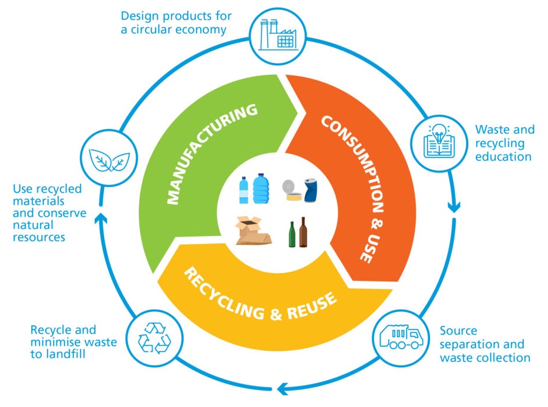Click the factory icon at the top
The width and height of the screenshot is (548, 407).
[278, 35]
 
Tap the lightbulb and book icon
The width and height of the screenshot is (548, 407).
[439, 142]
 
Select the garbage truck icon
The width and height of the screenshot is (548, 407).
[401, 337]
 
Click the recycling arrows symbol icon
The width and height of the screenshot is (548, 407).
[154, 338]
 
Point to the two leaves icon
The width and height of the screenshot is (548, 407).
[109, 160]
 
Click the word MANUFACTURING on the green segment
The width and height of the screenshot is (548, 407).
[212, 153]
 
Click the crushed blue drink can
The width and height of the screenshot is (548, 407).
[311, 190]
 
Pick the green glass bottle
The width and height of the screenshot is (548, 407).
[292, 235]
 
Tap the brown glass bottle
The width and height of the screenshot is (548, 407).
[303, 232]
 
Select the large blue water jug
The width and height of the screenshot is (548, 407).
[261, 189]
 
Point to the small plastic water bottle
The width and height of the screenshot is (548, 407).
[244, 190]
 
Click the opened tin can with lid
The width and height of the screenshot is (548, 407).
[292, 190]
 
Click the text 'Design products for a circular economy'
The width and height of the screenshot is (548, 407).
[176, 23]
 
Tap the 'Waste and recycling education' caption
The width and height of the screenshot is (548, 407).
[505, 142]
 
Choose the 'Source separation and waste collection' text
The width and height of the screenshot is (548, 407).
[485, 344]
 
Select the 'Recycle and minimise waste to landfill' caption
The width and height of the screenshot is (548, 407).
[73, 342]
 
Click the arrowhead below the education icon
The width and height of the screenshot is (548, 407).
[454, 208]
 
